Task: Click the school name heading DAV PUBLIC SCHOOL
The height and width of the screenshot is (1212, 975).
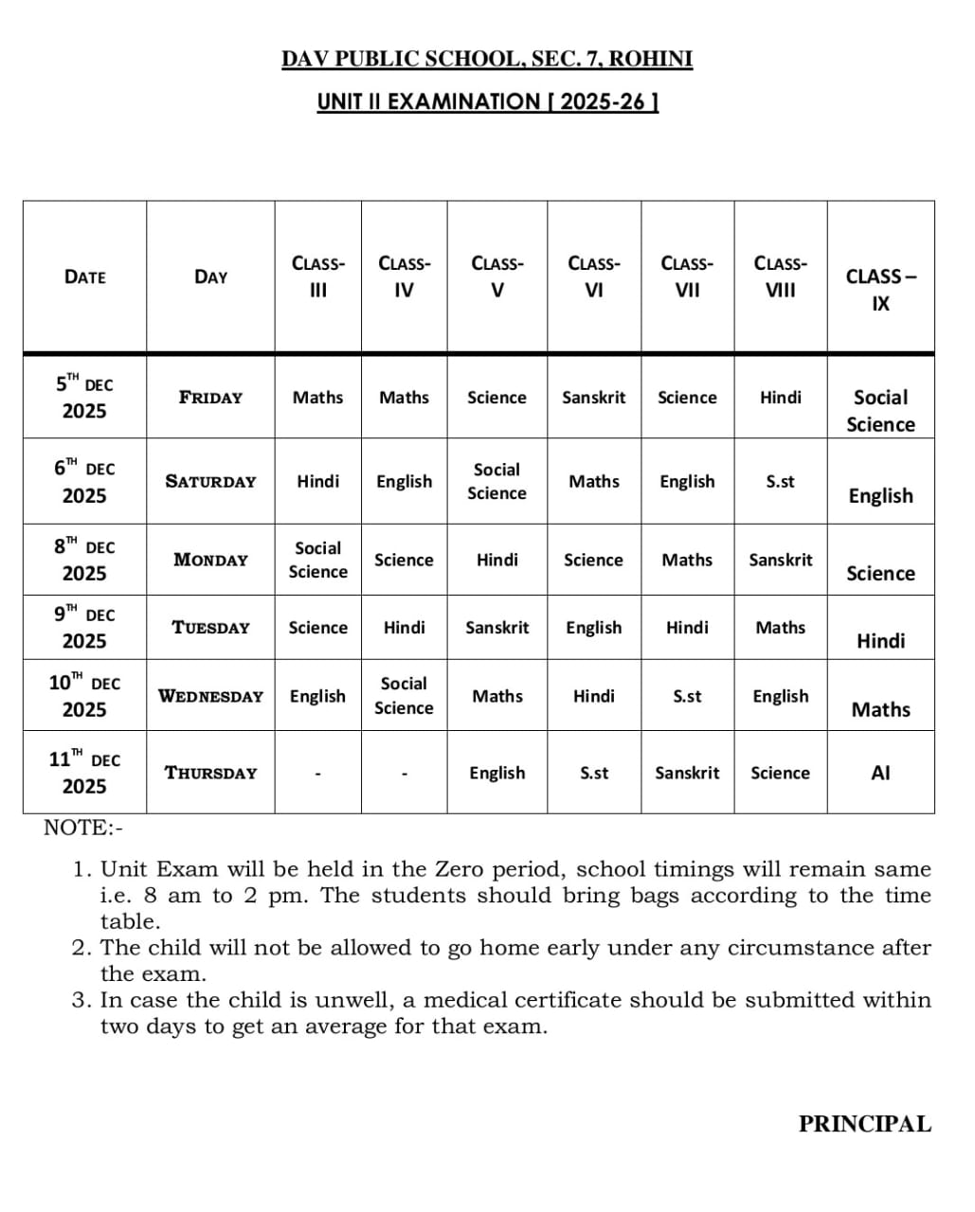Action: tap(487, 59)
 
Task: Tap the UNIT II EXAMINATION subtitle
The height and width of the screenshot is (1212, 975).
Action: tap(487, 101)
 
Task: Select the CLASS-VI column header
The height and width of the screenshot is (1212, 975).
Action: tap(593, 276)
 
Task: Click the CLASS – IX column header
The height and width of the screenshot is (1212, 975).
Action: tap(880, 290)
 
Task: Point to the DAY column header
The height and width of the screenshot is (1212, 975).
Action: tap(210, 276)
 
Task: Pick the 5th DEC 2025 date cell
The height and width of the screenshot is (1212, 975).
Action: tap(84, 397)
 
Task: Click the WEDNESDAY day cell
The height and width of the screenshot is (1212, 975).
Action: tap(210, 696)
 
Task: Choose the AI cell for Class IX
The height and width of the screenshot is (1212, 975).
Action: tap(880, 773)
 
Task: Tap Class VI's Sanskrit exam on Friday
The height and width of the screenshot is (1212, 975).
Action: tap(593, 398)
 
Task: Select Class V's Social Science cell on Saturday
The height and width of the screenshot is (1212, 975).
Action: tap(497, 481)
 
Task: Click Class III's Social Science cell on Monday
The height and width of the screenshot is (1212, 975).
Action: tap(317, 560)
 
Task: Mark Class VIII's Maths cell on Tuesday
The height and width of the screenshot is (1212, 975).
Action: tap(780, 627)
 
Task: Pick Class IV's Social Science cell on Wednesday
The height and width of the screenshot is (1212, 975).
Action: tap(404, 695)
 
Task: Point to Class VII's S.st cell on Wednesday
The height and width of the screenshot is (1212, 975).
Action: tap(687, 696)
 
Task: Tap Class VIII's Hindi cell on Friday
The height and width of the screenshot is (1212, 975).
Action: tap(780, 398)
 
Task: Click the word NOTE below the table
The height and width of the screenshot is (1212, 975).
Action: tap(76, 828)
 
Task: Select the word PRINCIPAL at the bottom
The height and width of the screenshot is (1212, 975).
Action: tap(864, 1124)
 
